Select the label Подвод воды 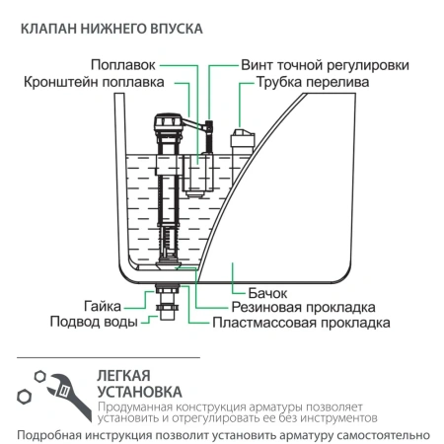point(92,322)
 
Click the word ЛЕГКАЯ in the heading point(124,376)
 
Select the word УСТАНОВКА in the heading point(141,394)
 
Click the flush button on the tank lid point(242,138)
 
